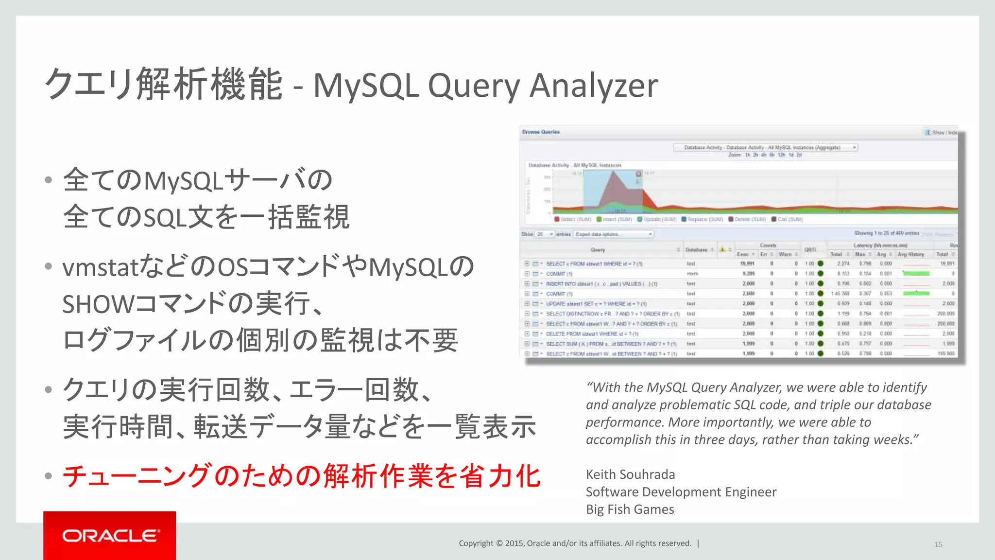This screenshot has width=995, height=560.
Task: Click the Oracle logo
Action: coord(110,536)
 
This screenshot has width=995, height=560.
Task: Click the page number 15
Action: coord(938,544)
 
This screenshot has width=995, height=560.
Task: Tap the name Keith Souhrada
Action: coord(630,474)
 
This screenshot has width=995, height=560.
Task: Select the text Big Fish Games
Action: coord(630,509)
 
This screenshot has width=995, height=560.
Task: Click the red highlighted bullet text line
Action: coord(301,476)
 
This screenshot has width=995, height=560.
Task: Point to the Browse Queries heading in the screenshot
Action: coord(541,132)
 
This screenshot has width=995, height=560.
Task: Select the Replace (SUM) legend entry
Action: coord(705,220)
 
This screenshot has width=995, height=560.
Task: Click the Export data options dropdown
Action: coord(614,234)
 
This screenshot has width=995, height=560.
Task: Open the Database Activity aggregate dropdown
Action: coord(765,147)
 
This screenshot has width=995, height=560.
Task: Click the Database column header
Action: coord(696,250)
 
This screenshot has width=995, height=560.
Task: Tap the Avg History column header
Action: coord(910,254)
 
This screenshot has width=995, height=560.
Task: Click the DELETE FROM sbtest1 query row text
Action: coord(591,334)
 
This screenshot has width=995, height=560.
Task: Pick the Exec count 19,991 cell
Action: coord(747,263)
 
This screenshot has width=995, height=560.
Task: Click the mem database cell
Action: coord(692,274)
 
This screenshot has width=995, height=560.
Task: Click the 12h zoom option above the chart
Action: coord(781,155)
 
